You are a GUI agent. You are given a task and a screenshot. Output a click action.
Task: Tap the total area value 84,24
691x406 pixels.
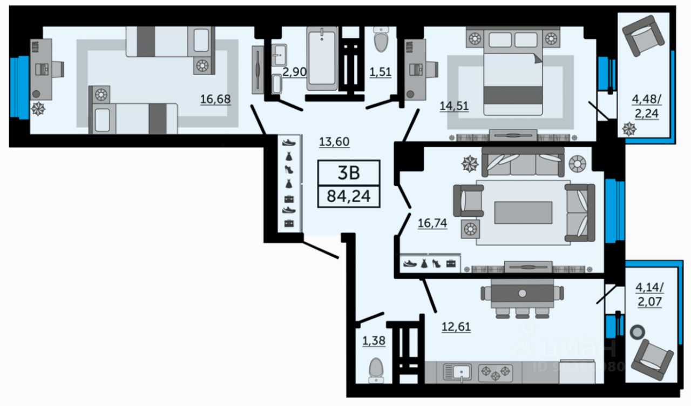coord(349,195)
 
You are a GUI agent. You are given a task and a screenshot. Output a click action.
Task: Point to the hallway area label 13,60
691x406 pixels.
coord(334,142)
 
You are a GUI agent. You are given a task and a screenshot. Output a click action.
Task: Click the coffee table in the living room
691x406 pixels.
coord(523,212)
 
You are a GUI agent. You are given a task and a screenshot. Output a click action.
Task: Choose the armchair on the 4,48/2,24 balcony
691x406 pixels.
coord(642,36)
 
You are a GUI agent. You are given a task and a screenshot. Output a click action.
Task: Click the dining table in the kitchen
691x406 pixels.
coord(522,293)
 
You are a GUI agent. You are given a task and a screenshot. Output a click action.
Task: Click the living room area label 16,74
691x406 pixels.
coord(432,223)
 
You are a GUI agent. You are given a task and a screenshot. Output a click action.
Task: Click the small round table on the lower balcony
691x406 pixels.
coord(639,331)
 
